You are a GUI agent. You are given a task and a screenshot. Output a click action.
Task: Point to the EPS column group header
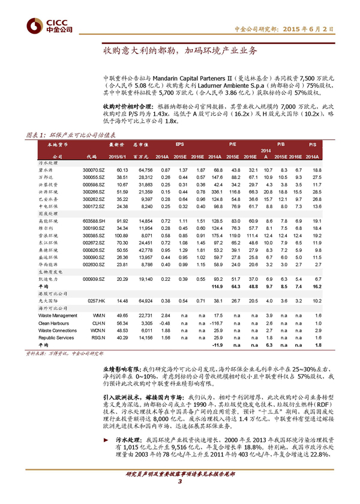pos(180,145)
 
